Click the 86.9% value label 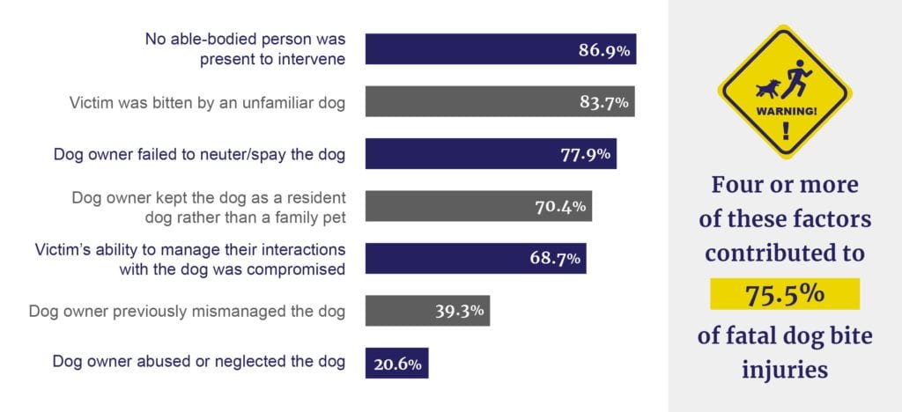[x=603, y=51]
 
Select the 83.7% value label [x=603, y=103]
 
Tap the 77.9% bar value [x=586, y=155]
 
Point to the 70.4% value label [x=561, y=208]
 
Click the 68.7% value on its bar [x=555, y=259]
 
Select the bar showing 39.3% [x=427, y=311]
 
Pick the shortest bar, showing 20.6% [x=396, y=363]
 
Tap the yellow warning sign [x=784, y=92]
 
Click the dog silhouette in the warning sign [x=768, y=89]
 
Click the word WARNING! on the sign [x=784, y=112]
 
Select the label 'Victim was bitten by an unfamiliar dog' [x=207, y=103]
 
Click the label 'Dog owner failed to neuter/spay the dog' [x=199, y=155]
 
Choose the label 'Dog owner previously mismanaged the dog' [x=187, y=311]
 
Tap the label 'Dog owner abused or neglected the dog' [x=199, y=362]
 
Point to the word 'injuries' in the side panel [x=784, y=370]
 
